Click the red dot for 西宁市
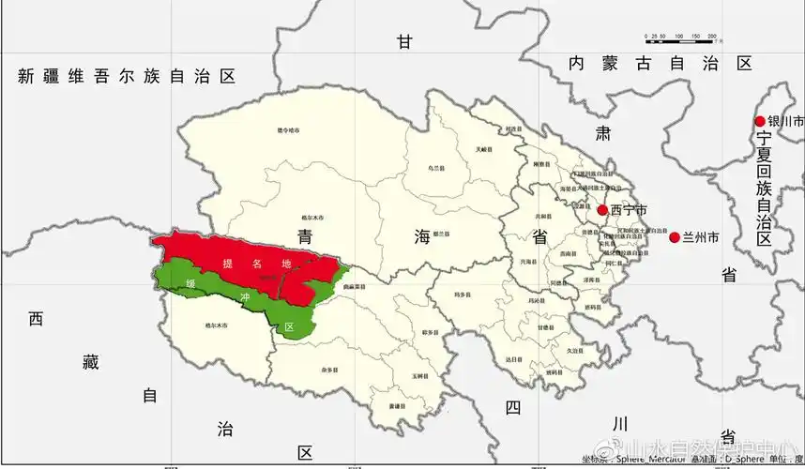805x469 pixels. [602, 210]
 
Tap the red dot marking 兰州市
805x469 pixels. [674, 237]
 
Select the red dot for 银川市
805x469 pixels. [760, 121]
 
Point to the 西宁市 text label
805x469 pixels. [629, 210]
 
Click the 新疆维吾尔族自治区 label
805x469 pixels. [126, 77]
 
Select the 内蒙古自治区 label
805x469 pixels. [662, 64]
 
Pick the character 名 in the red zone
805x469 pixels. [258, 265]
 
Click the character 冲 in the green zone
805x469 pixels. [246, 297]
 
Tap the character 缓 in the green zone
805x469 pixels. [190, 283]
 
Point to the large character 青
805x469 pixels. [305, 235]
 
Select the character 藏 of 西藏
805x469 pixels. [90, 362]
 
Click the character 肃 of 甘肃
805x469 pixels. [603, 132]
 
